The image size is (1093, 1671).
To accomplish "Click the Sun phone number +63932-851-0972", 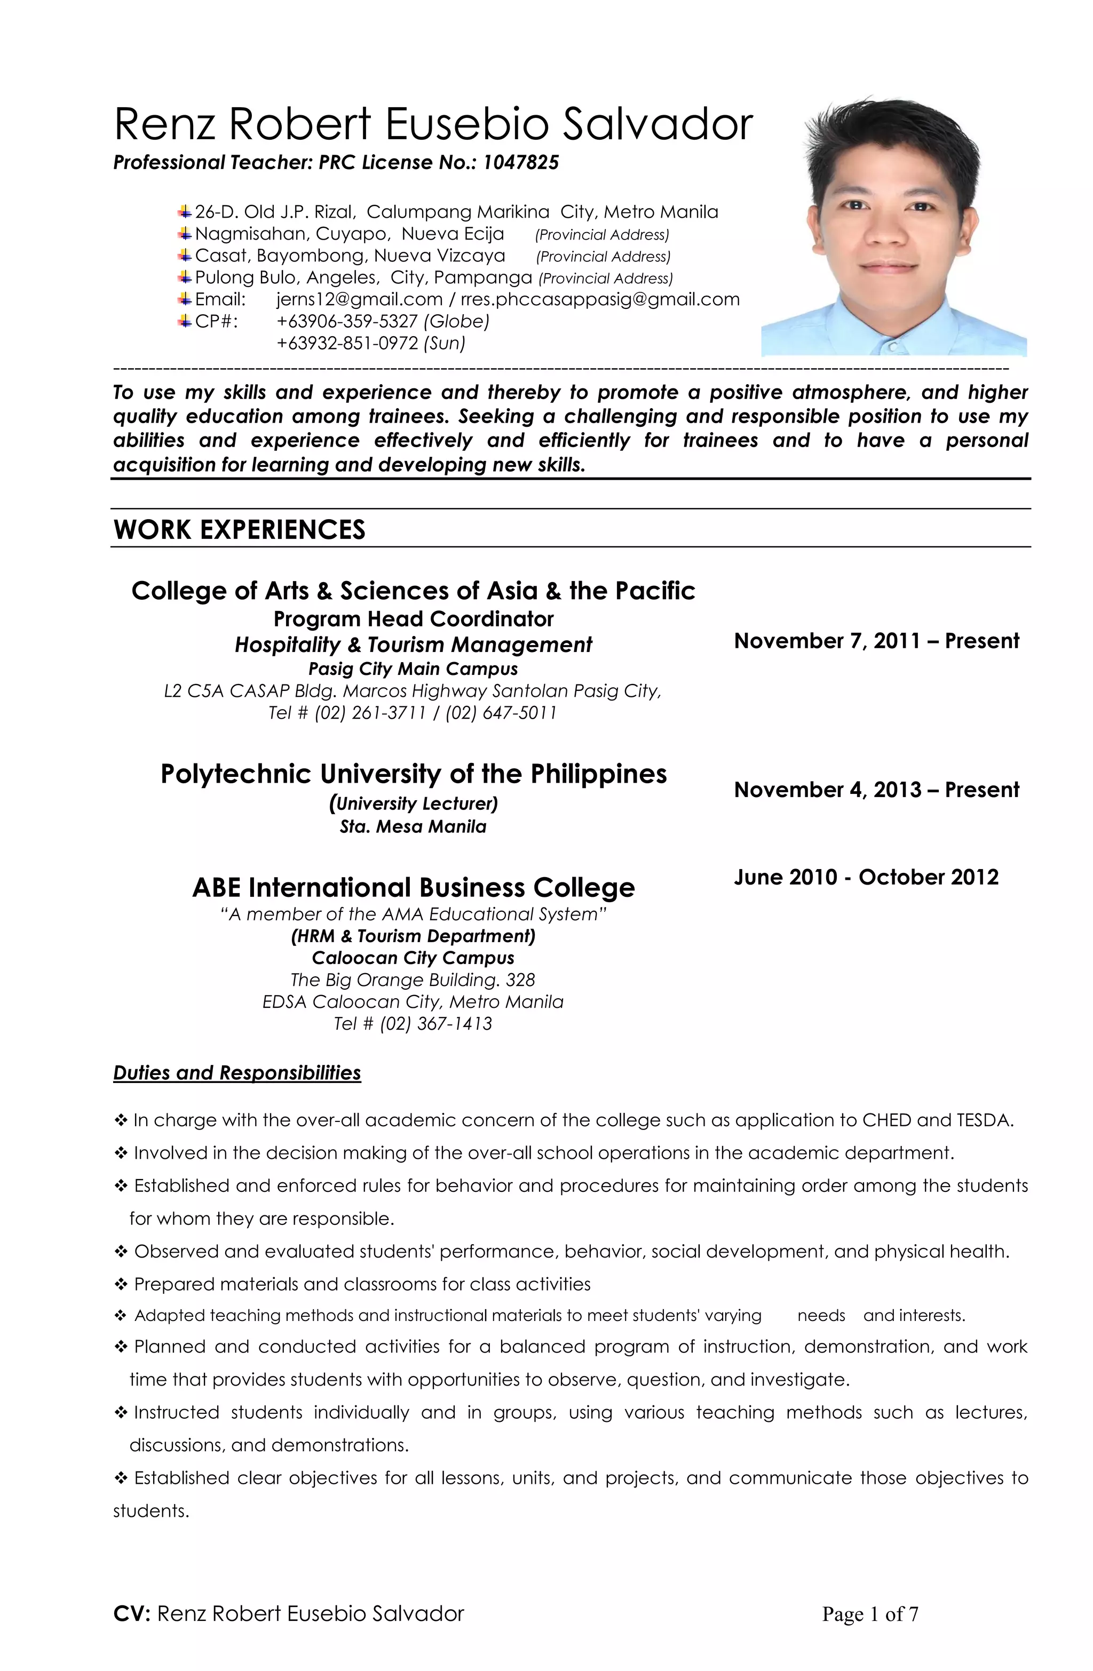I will point(349,344).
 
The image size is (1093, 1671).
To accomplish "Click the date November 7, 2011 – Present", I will point(876,641).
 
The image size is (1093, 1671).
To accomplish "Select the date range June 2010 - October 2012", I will point(866,878).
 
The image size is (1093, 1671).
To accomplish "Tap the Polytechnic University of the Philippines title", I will point(413,774).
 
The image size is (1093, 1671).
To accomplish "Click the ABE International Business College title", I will point(413,887).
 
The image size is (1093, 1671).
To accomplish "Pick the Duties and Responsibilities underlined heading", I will point(237,1073).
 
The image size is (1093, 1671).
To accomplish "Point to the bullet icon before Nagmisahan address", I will point(185,233).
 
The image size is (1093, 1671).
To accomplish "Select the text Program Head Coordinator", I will point(413,619).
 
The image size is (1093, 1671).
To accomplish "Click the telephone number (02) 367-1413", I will point(435,1024).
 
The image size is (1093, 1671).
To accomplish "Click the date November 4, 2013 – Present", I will point(876,790).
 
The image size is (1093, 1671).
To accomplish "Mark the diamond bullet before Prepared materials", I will point(120,1285).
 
